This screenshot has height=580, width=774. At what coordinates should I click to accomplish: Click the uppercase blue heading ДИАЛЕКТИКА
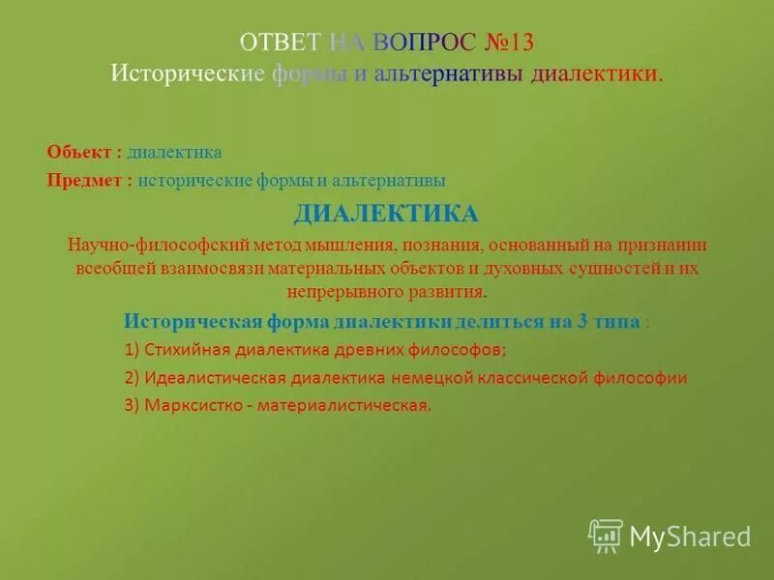(x=386, y=213)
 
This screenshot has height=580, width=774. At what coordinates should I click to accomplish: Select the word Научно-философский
(x=133, y=244)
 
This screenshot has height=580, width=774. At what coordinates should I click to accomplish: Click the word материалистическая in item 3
(x=342, y=405)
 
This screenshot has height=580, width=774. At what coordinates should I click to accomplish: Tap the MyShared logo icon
(x=606, y=535)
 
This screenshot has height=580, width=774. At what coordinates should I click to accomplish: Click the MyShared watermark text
(x=691, y=536)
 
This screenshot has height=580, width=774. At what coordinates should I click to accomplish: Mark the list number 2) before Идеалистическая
(x=133, y=378)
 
